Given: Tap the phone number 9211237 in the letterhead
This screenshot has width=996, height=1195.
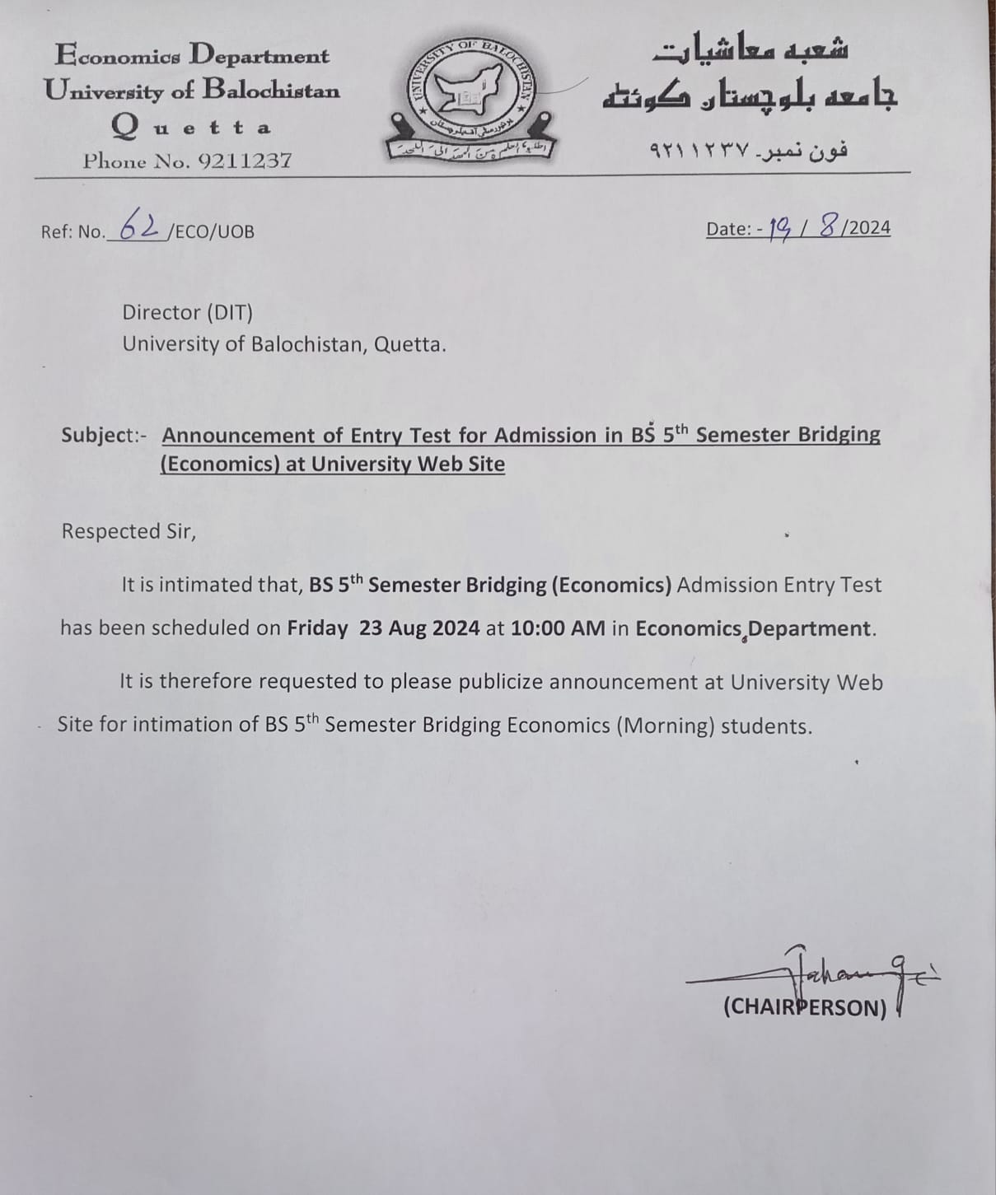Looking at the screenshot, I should point(245,161).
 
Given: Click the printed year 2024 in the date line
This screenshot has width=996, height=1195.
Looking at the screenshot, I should point(869,228).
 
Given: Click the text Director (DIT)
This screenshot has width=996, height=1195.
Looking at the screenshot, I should point(187,313).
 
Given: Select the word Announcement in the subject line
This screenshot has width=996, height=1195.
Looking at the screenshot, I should point(238,435).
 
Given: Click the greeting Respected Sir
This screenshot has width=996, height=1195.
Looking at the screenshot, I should point(129,531).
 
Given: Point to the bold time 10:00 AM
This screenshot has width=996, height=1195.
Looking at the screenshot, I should point(558,628).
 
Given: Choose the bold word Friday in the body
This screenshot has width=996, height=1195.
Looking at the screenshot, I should point(317,628).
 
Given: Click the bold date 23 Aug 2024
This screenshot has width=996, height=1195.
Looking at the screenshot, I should point(419,628).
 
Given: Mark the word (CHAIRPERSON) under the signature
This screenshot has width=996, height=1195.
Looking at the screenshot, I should point(804,1007).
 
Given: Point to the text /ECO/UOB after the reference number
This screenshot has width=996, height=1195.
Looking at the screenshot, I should point(210,232).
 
